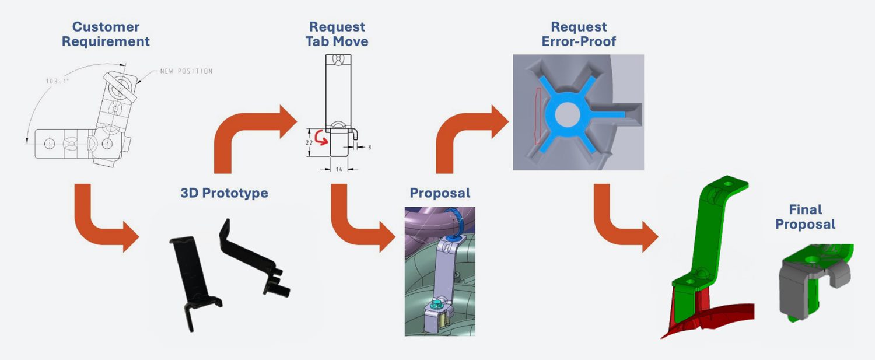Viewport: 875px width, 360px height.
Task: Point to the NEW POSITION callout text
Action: (186, 71)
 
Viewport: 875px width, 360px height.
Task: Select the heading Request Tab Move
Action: (337, 34)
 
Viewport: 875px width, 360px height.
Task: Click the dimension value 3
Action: (369, 148)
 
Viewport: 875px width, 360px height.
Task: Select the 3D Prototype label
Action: (224, 193)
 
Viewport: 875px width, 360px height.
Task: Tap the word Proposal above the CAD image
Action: (440, 193)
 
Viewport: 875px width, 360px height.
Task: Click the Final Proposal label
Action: (805, 216)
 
